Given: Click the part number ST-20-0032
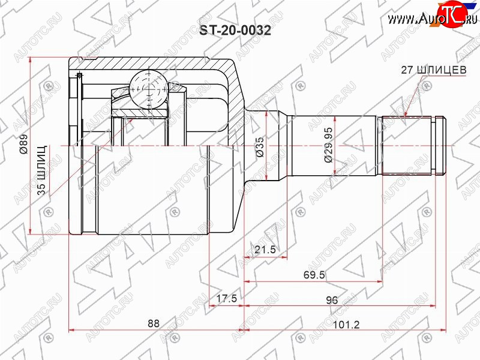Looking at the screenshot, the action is click(x=235, y=31).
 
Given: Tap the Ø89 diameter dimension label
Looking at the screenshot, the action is click(x=24, y=143).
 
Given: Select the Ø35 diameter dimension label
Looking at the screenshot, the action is click(x=260, y=147).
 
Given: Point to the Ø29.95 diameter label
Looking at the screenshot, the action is click(x=328, y=145).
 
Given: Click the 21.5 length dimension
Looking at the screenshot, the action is click(x=265, y=250).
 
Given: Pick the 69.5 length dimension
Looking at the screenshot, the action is click(x=314, y=275).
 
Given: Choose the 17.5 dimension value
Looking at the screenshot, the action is click(x=227, y=298).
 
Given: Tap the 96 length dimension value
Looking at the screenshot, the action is click(x=332, y=300).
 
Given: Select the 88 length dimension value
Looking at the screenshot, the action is click(x=154, y=323).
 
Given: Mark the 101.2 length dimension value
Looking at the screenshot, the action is click(x=346, y=325).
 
